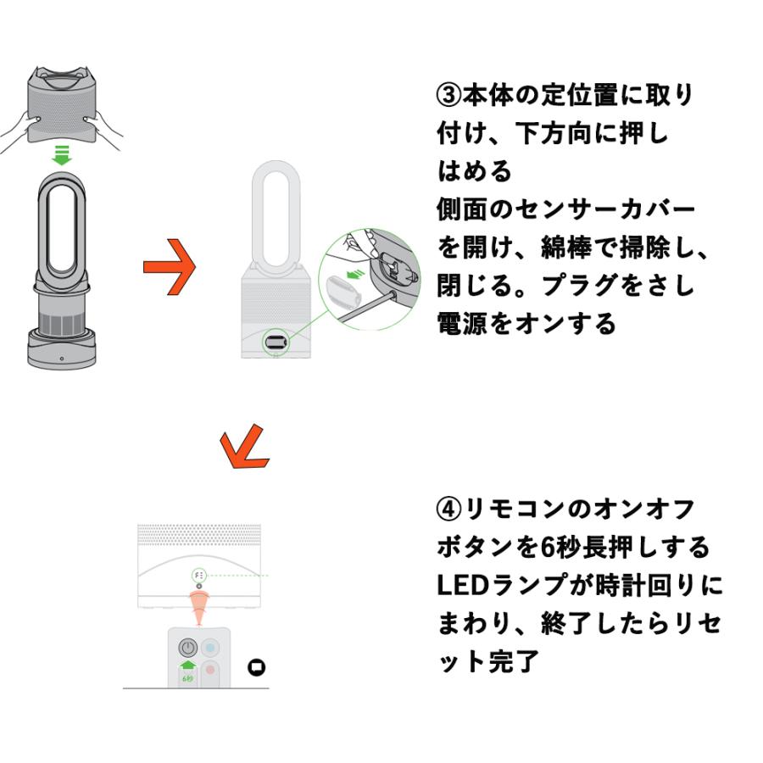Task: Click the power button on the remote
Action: point(187,648)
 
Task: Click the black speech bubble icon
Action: point(255,667)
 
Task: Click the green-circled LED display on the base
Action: point(200,576)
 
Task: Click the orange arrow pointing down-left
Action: point(242,448)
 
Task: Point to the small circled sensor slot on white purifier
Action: point(276,341)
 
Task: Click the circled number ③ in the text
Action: point(448,95)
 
